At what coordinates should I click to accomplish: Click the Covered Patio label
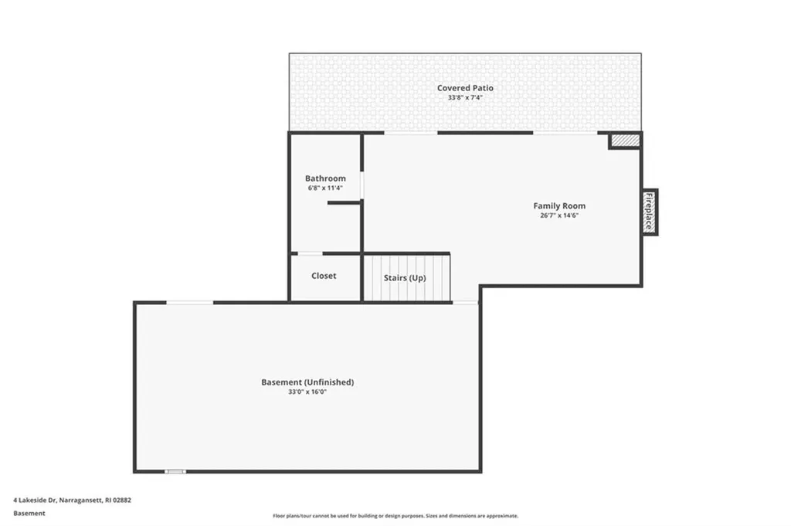[465, 88]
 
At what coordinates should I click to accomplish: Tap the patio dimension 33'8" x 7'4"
[465, 98]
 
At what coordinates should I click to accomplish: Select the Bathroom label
[325, 178]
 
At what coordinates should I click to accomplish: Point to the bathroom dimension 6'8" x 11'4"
[325, 188]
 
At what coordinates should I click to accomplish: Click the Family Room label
[559, 206]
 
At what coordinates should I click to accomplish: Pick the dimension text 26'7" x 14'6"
[559, 215]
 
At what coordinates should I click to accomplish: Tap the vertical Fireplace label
[650, 212]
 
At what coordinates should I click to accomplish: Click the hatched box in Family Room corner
[625, 141]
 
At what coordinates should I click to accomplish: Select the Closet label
[324, 276]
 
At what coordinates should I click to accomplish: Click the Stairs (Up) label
[405, 278]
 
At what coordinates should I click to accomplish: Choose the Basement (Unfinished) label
[307, 382]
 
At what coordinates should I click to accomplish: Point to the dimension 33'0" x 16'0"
[307, 392]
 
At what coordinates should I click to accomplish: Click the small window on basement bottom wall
[175, 471]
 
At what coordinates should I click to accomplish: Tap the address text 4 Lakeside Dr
[73, 500]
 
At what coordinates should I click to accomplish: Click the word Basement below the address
[29, 512]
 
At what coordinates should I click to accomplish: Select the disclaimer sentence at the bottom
[395, 516]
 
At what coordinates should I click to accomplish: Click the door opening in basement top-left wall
[190, 303]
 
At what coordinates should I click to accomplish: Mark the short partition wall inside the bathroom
[345, 202]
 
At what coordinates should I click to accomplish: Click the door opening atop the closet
[311, 253]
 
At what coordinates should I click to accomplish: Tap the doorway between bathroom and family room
[362, 185]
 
